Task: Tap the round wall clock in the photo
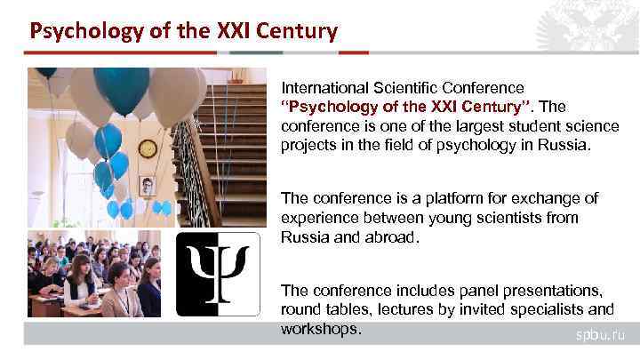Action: click(148, 148)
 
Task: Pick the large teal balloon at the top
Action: click(121, 88)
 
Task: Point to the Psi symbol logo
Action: click(218, 274)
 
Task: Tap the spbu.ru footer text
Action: click(601, 335)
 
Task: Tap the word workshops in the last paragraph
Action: click(320, 328)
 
